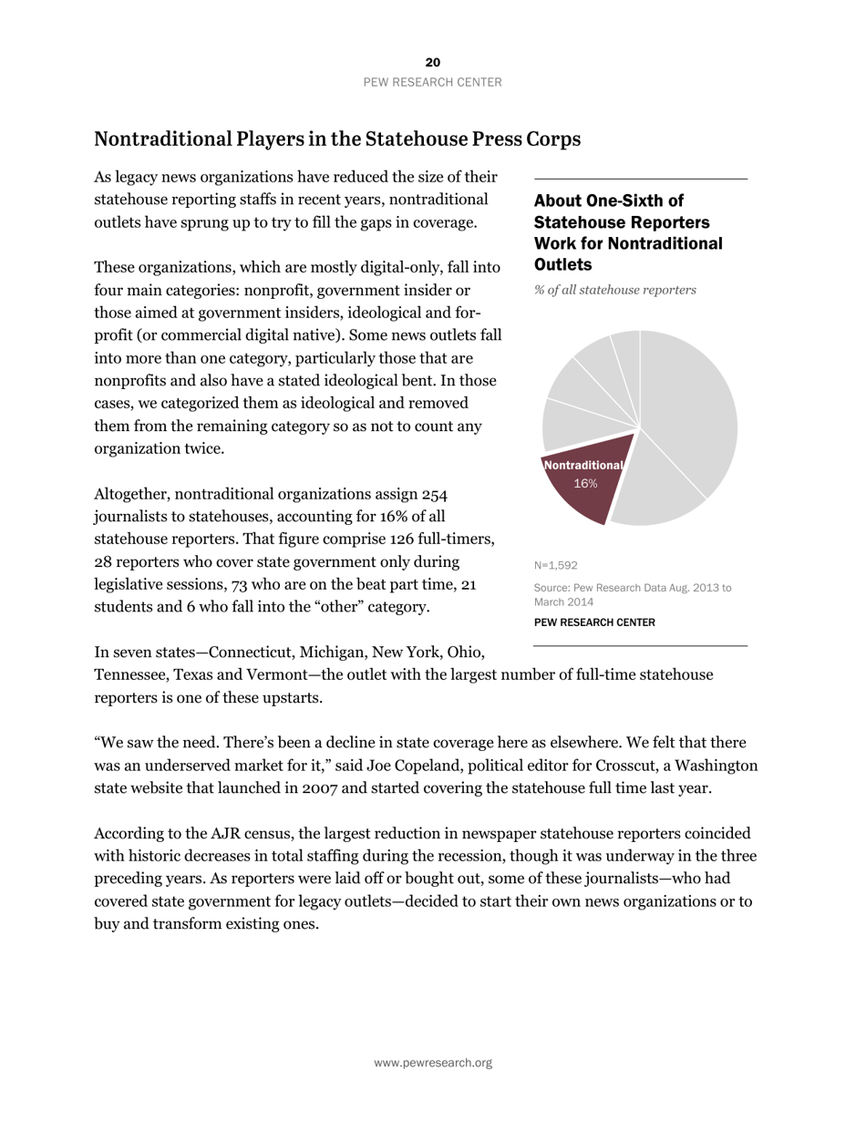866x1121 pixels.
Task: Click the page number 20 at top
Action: click(x=432, y=62)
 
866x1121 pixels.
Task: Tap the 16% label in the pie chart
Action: click(x=585, y=484)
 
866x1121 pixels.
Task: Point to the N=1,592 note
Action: click(x=555, y=565)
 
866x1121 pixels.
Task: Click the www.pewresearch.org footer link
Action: click(x=432, y=1063)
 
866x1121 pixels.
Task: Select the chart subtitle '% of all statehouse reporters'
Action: click(x=614, y=290)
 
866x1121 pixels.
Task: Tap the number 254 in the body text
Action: click(x=435, y=495)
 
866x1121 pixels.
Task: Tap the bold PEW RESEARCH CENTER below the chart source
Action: click(x=593, y=622)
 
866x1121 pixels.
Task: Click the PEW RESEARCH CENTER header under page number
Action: click(x=432, y=82)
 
